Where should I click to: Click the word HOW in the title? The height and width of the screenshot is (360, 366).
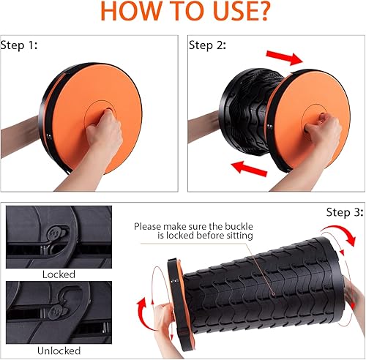[x=128, y=13]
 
